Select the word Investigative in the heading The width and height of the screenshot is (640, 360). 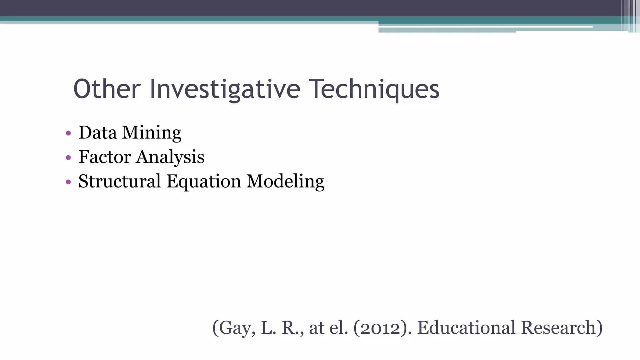(225, 90)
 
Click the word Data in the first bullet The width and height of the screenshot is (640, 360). (97, 132)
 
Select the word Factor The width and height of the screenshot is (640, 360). (105, 157)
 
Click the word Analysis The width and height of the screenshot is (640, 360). (170, 157)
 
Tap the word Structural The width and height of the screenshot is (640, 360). (119, 181)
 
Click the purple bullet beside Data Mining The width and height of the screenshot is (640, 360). (68, 133)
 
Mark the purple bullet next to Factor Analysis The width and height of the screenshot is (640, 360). (68, 157)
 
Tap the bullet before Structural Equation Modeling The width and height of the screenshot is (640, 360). (68, 182)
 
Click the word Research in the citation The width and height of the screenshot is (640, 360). (561, 328)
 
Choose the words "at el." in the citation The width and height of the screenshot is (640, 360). (328, 328)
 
